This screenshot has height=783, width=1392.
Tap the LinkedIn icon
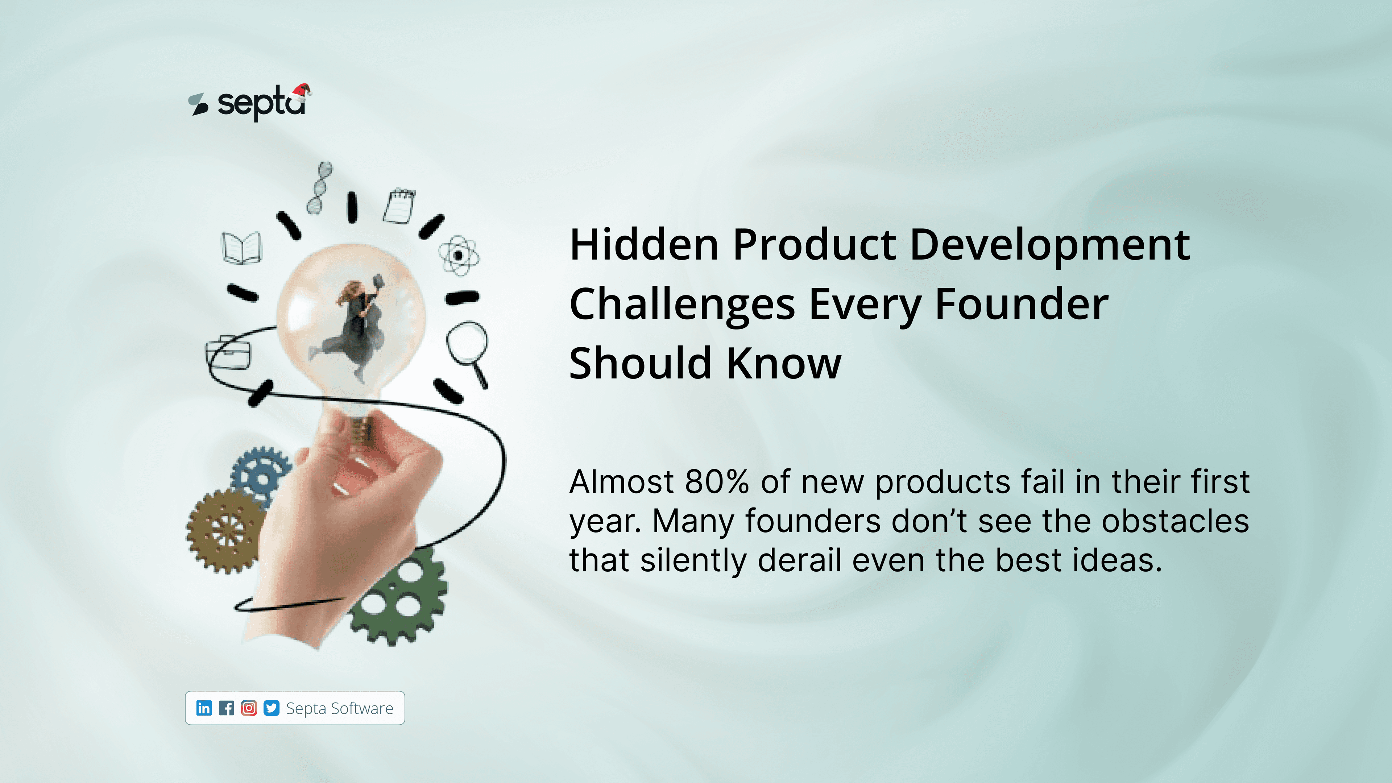204,708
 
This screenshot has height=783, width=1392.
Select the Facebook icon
227,708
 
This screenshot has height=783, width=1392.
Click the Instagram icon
249,708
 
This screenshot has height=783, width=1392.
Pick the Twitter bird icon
271,708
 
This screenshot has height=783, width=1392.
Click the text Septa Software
339,708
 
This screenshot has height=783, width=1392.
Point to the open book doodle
241,248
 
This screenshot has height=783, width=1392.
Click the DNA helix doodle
319,187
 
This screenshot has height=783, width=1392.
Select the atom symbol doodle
458,255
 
